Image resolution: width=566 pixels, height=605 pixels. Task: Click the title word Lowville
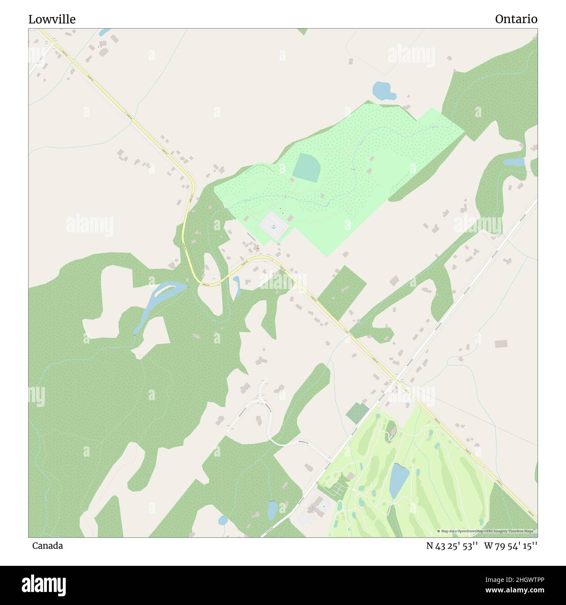click(x=52, y=19)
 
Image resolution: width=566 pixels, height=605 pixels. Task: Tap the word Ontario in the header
click(x=516, y=19)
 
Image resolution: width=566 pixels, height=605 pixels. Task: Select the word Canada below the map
click(x=47, y=546)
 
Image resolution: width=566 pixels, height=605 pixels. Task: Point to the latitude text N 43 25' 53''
click(x=452, y=546)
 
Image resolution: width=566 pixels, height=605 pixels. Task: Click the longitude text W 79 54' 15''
click(x=510, y=546)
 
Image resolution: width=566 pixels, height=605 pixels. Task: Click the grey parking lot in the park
click(x=274, y=225)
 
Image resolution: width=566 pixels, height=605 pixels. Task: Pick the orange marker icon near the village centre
click(x=258, y=249)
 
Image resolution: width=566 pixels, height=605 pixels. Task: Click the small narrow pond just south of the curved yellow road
click(x=236, y=286)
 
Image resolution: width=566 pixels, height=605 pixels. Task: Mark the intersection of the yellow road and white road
click(x=395, y=381)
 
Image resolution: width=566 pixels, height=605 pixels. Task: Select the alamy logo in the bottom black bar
click(x=44, y=585)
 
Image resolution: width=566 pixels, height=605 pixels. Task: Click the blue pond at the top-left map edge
click(x=104, y=32)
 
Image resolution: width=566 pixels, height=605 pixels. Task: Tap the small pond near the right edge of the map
click(x=514, y=162)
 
